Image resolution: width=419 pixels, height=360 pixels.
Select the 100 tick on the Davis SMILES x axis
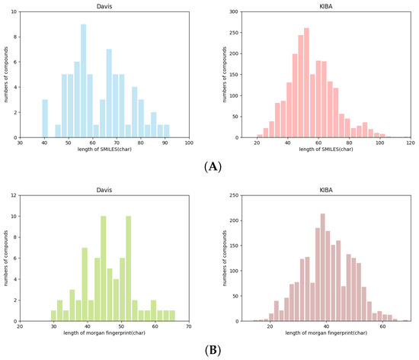189,143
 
